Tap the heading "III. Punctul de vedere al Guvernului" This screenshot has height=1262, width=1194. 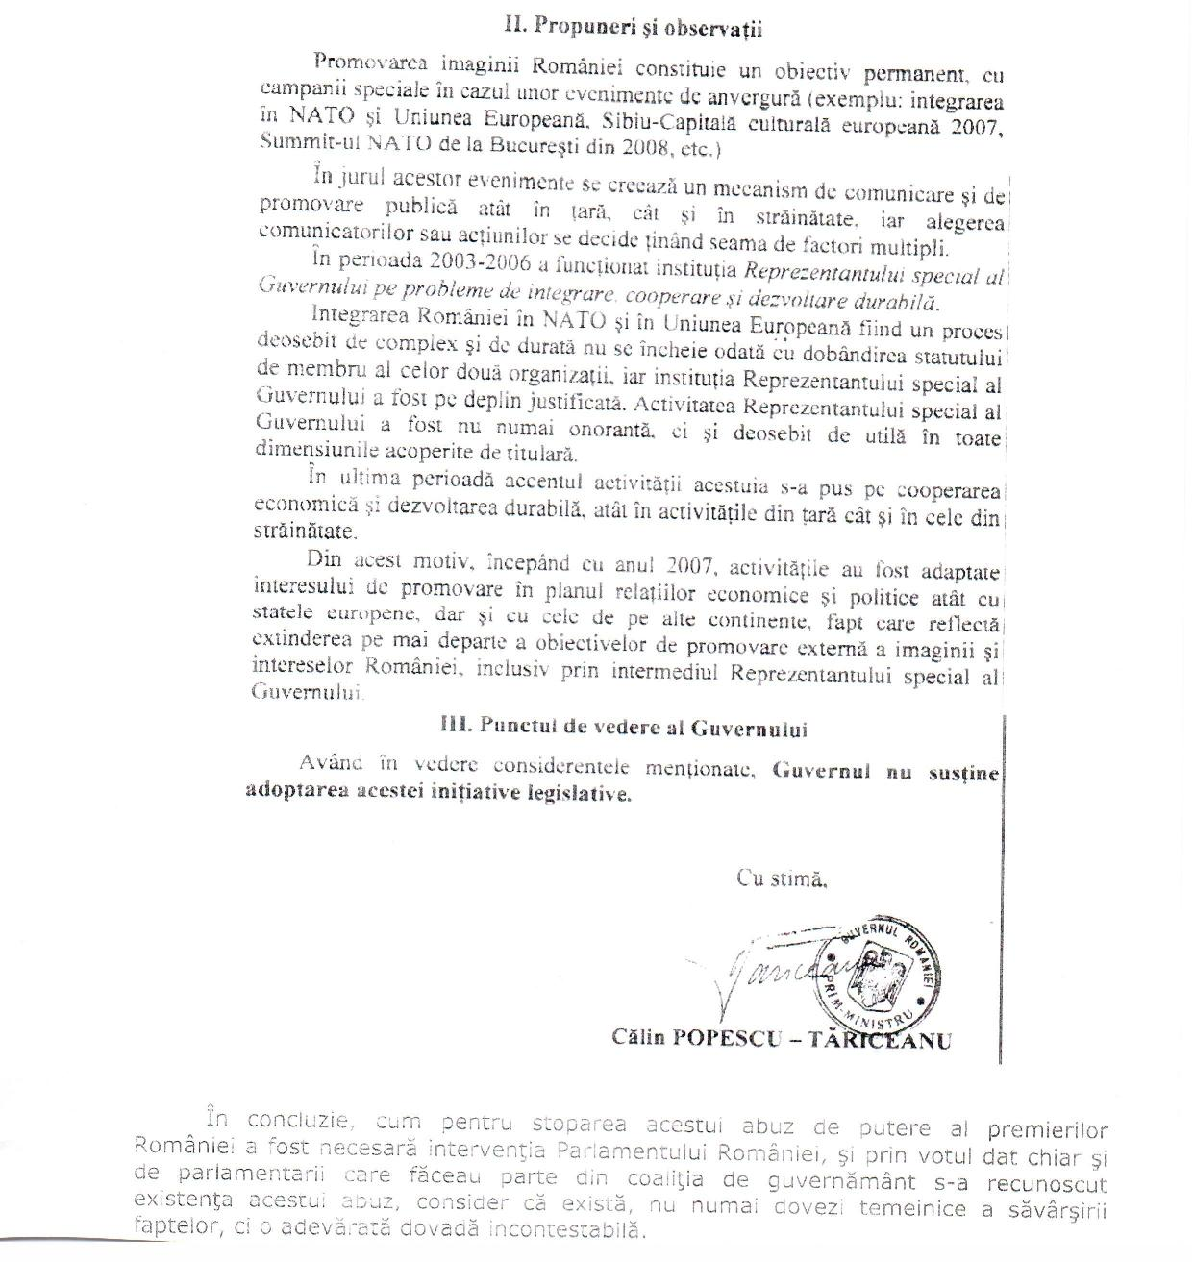[x=623, y=728]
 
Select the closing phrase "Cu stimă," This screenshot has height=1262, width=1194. [x=781, y=877]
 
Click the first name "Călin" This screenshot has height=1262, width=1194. [x=637, y=1039]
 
